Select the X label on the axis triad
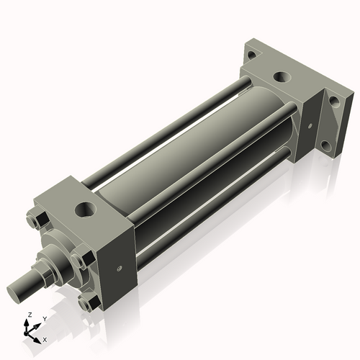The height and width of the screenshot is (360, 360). coord(45,338)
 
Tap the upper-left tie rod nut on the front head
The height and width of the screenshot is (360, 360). coord(40,220)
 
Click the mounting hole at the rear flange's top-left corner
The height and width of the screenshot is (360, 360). coord(251,54)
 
